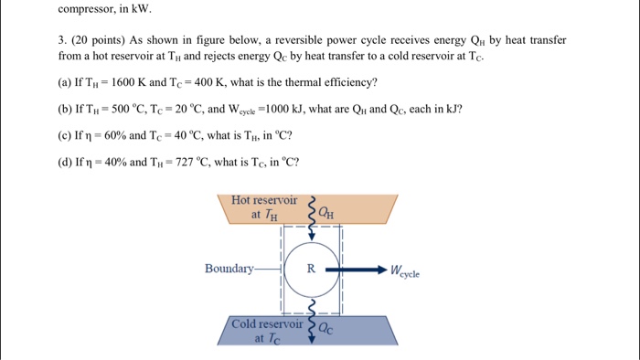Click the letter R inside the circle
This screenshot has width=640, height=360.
(x=311, y=270)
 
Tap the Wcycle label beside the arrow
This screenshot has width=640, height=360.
(x=404, y=271)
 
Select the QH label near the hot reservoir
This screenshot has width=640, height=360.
(x=326, y=214)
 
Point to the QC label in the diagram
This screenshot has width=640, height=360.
(x=326, y=330)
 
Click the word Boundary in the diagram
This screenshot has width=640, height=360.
(x=229, y=269)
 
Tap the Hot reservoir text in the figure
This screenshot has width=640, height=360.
(x=264, y=199)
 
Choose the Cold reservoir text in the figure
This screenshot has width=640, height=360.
(x=267, y=323)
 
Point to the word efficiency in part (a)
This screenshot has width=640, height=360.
(x=350, y=82)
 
